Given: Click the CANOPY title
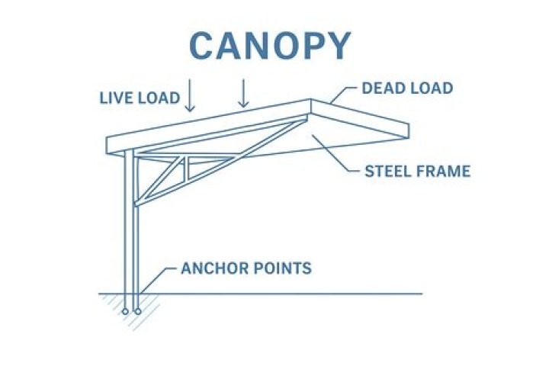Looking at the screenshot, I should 270,46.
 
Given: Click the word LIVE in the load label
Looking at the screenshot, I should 117,98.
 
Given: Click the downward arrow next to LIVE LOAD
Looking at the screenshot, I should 190,98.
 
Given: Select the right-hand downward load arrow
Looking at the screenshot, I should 244,93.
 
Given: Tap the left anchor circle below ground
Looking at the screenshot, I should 126,311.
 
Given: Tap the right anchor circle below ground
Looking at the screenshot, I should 137,311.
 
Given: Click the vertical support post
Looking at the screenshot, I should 131,229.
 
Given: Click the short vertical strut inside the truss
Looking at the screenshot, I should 185,170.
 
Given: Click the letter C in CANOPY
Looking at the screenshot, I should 203,46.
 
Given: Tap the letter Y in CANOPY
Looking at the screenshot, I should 338,46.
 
